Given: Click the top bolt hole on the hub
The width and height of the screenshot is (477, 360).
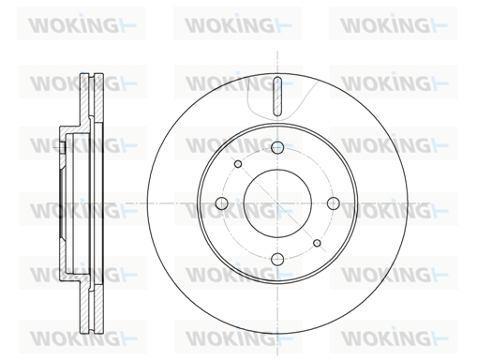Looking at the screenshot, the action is pyautogui.click(x=277, y=147).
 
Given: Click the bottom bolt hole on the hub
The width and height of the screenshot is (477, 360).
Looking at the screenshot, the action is pyautogui.click(x=277, y=259).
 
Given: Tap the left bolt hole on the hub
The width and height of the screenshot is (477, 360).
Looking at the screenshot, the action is pyautogui.click(x=221, y=203).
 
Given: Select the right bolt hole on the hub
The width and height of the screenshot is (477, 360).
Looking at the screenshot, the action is pyautogui.click(x=334, y=203).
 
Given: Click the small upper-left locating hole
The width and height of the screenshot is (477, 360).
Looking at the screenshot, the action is pyautogui.click(x=238, y=164).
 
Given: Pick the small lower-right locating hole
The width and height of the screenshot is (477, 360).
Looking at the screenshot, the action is pyautogui.click(x=317, y=243).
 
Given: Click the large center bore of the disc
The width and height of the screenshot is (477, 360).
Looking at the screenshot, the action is pyautogui.click(x=277, y=203).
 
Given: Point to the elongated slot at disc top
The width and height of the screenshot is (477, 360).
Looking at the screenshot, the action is pyautogui.click(x=277, y=96).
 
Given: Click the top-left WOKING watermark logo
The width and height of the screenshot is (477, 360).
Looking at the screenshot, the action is pyautogui.click(x=82, y=24).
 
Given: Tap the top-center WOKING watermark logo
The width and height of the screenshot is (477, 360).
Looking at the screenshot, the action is pyautogui.click(x=238, y=24).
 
